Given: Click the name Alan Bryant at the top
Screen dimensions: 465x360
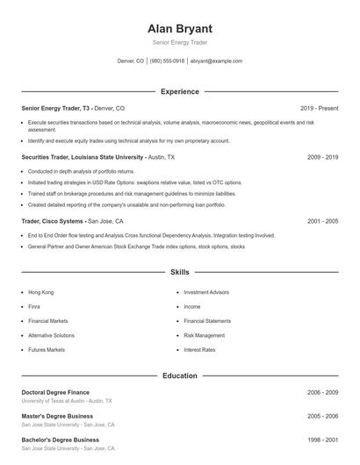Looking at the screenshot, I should click(179, 28).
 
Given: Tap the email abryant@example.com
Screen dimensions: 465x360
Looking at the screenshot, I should click(216, 61).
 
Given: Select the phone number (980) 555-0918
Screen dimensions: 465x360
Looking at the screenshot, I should click(167, 61).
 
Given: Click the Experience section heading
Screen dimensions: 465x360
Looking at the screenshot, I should click(180, 91).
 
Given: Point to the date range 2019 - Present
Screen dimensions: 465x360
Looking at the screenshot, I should click(319, 108).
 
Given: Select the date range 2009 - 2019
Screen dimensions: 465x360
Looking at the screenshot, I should click(322, 157).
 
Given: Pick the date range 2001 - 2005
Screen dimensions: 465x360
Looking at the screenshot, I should click(322, 222).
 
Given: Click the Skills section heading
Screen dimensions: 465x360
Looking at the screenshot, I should click(180, 273).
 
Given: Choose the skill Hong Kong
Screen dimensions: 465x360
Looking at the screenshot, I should click(41, 291).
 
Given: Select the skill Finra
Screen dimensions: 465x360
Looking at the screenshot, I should click(35, 306).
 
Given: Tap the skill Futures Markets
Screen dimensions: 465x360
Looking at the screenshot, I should click(47, 350).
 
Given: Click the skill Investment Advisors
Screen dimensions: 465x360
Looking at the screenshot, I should click(206, 291).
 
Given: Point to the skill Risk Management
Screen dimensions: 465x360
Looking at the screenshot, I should click(205, 335).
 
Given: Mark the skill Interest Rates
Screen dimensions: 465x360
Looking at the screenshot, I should click(199, 350).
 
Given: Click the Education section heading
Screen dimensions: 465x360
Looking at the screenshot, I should click(180, 376).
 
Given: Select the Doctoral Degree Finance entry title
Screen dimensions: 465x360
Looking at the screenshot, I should click(55, 392).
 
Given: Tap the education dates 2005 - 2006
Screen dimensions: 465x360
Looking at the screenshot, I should click(322, 416).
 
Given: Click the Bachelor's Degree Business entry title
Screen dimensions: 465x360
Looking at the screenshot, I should click(60, 440).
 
